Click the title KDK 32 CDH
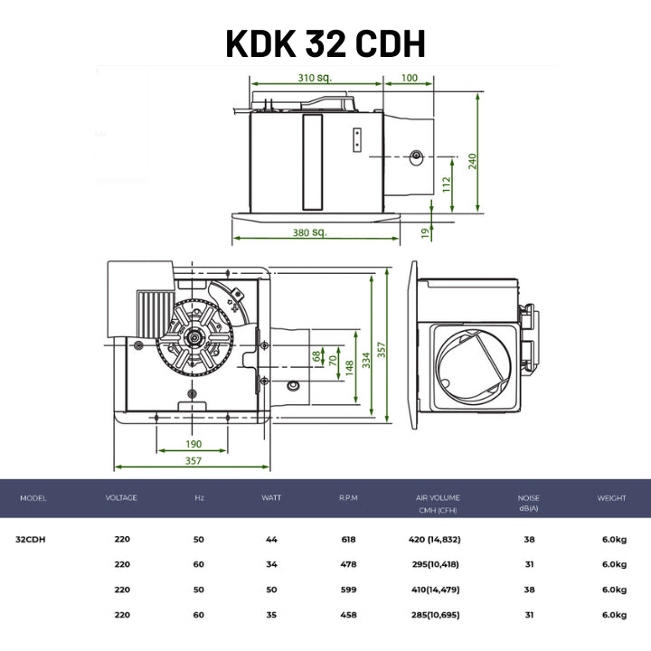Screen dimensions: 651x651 [325, 43]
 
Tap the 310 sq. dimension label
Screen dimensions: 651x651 [315, 78]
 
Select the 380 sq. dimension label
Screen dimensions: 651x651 [310, 232]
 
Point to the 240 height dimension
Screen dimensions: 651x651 [473, 161]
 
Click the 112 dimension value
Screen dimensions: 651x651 [447, 184]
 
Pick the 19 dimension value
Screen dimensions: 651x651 [425, 233]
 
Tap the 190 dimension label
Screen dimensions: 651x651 [193, 444]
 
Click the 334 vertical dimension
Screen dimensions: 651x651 [366, 360]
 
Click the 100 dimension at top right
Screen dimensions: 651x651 [409, 78]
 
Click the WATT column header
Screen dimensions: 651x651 [271, 497]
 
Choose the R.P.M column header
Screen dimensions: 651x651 [348, 497]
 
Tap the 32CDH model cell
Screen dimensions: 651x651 [31, 539]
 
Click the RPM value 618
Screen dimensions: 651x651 [348, 539]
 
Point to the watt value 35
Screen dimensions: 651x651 [271, 615]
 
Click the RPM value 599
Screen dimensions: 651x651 [348, 590]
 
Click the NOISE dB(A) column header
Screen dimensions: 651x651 [529, 503]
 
